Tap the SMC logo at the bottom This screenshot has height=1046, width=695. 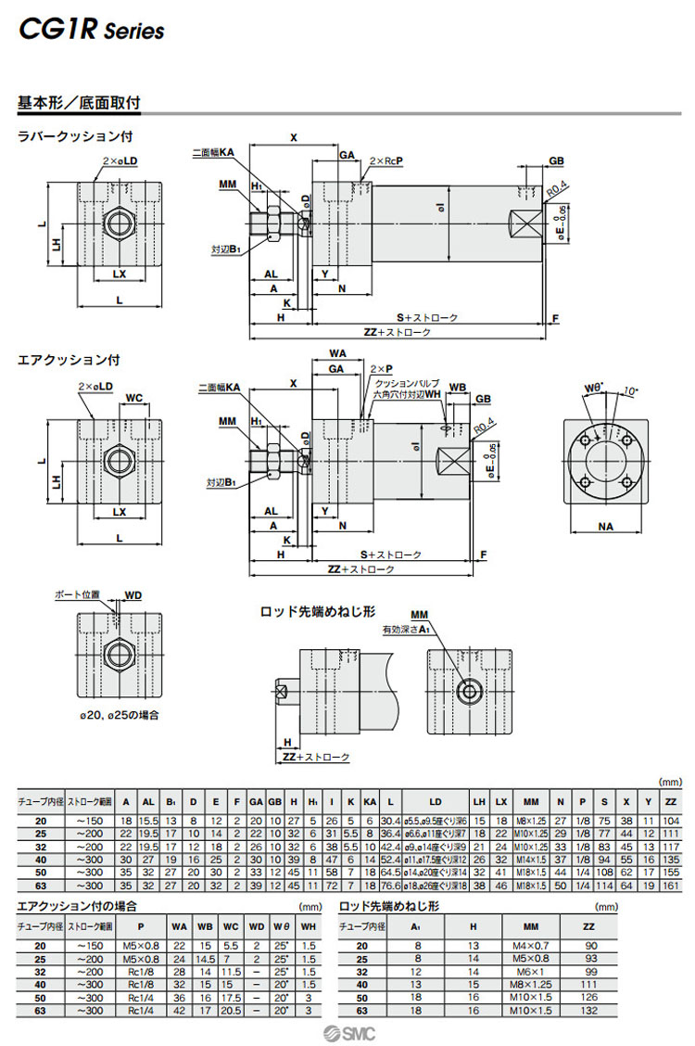click(347, 1032)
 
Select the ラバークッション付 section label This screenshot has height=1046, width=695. click(75, 136)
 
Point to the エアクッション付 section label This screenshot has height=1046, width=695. click(69, 360)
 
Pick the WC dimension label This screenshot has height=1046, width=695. click(133, 398)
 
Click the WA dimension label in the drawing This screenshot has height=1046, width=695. click(337, 353)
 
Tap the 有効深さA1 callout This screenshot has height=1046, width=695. click(408, 630)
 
